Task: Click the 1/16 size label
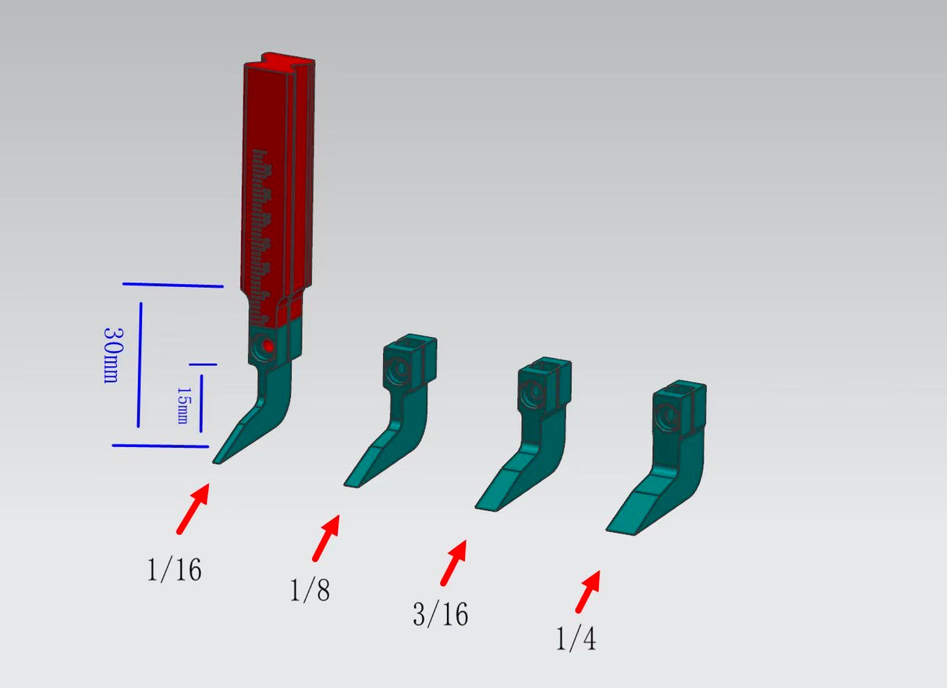click(x=174, y=570)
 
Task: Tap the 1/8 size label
click(x=310, y=590)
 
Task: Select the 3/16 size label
click(x=441, y=615)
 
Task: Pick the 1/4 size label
click(x=576, y=640)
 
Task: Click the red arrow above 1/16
click(x=193, y=509)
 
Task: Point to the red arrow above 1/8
click(x=327, y=537)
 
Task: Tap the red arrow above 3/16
click(x=454, y=562)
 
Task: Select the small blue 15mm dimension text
click(x=182, y=405)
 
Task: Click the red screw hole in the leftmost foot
click(x=267, y=346)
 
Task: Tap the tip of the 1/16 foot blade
click(x=216, y=462)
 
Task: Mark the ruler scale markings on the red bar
click(x=264, y=234)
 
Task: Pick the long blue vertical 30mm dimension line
click(x=140, y=364)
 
